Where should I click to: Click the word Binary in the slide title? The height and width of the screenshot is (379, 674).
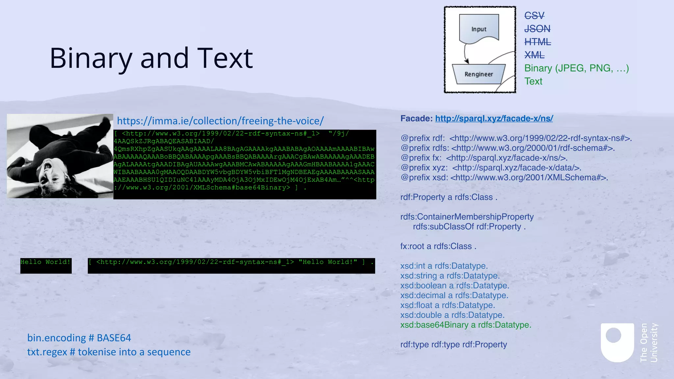pos(91,59)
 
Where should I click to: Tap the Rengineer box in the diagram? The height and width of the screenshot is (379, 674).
pos(479,74)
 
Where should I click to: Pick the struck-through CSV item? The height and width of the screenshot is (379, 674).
pos(534,15)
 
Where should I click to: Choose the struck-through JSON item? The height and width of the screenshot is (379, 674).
pos(537,29)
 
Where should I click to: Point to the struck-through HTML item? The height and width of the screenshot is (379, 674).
pos(537,42)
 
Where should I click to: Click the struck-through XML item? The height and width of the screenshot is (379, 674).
pos(534,55)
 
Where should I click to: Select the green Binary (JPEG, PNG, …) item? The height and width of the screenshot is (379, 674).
pos(576,68)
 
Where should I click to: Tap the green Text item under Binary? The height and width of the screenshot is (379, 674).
pos(533,81)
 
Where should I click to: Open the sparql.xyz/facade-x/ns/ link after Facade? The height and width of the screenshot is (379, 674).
pos(494,118)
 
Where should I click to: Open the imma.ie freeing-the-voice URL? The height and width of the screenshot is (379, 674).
pos(220,121)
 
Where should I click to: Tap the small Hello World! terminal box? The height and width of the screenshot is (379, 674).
pos(46,265)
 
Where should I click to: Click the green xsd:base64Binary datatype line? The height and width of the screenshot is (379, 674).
pos(465,325)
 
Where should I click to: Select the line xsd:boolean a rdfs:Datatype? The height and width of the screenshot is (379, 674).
pos(454,286)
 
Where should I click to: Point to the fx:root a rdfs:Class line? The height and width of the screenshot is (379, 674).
pos(438,246)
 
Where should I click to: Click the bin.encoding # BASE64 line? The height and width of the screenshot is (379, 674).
pos(79,338)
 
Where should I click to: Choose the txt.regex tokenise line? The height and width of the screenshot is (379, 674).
pos(109,352)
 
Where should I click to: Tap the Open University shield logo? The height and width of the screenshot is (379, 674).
pos(617,342)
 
